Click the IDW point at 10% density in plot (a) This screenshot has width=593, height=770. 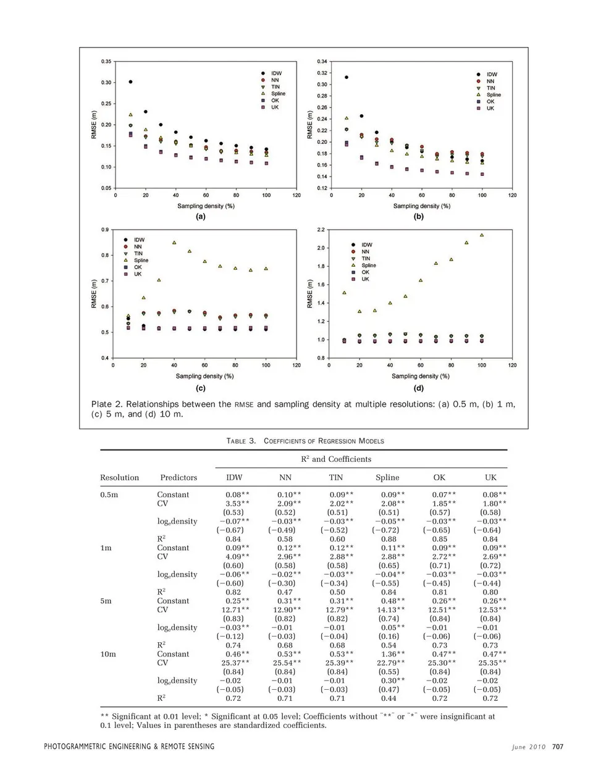(x=130, y=82)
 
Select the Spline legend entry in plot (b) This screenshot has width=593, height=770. (x=493, y=94)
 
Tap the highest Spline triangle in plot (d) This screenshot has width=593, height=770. (x=482, y=235)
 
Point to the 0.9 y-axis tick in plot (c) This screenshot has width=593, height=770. (x=105, y=230)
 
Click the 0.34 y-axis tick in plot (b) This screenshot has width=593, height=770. (x=322, y=62)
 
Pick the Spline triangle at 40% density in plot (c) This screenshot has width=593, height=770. (x=174, y=243)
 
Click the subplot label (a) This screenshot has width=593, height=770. (x=200, y=217)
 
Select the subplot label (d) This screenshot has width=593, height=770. (x=419, y=388)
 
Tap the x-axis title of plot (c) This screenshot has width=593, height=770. (x=204, y=376)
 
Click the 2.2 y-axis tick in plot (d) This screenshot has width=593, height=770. (x=321, y=230)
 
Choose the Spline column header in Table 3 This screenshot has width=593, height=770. (x=387, y=477)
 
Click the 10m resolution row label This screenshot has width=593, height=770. (x=108, y=654)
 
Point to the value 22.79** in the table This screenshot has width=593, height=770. (x=389, y=663)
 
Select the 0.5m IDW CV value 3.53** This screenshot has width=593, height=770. (x=238, y=503)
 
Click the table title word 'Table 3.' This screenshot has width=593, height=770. (x=241, y=441)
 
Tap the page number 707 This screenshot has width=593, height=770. (x=557, y=747)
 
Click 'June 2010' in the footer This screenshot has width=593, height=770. (x=529, y=747)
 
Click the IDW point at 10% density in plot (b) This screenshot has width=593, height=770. (x=347, y=77)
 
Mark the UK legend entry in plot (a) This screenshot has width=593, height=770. (x=274, y=107)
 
